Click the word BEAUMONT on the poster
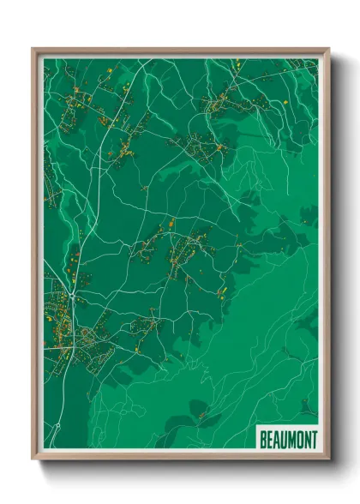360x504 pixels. point(288,439)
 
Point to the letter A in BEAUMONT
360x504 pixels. point(277,439)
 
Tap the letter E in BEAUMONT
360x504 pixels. point(270,439)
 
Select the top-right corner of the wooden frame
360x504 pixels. point(327,50)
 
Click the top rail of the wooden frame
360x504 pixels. point(180,51)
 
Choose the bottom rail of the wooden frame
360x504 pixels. point(180,454)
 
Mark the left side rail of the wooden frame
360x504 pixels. point(37,257)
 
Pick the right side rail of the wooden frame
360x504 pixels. point(325,257)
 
